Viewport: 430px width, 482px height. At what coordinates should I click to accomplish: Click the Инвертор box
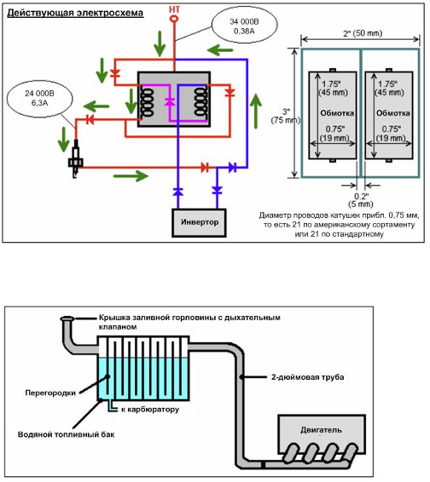point(200,222)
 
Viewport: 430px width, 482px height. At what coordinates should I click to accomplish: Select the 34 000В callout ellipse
point(244,26)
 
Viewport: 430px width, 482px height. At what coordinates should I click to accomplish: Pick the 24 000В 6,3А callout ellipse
point(39,99)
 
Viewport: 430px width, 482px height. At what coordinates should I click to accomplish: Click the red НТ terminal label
point(174,9)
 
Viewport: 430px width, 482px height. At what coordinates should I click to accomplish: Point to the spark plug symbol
point(75,158)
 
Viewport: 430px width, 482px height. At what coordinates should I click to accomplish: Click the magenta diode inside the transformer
point(170,101)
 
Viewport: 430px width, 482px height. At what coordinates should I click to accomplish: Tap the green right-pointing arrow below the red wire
point(131,176)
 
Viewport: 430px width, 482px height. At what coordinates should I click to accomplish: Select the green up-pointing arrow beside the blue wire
point(255,112)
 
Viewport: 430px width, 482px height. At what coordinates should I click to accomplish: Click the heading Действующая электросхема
point(75,13)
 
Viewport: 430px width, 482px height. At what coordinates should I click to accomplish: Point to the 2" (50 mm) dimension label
point(363,33)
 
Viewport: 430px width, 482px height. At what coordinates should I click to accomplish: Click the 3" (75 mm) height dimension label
point(286,116)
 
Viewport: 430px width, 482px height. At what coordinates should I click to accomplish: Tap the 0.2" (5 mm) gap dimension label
point(361,200)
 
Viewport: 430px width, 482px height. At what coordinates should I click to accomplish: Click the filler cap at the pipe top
point(67,318)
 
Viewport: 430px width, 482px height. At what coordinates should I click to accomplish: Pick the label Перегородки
point(50,393)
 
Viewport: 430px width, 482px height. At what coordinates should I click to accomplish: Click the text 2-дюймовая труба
point(307,377)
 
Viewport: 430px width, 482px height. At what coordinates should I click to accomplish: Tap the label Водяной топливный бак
point(67,434)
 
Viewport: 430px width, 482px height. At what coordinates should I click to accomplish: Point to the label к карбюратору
point(150,410)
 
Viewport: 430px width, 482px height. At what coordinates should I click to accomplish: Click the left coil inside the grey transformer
point(148,102)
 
